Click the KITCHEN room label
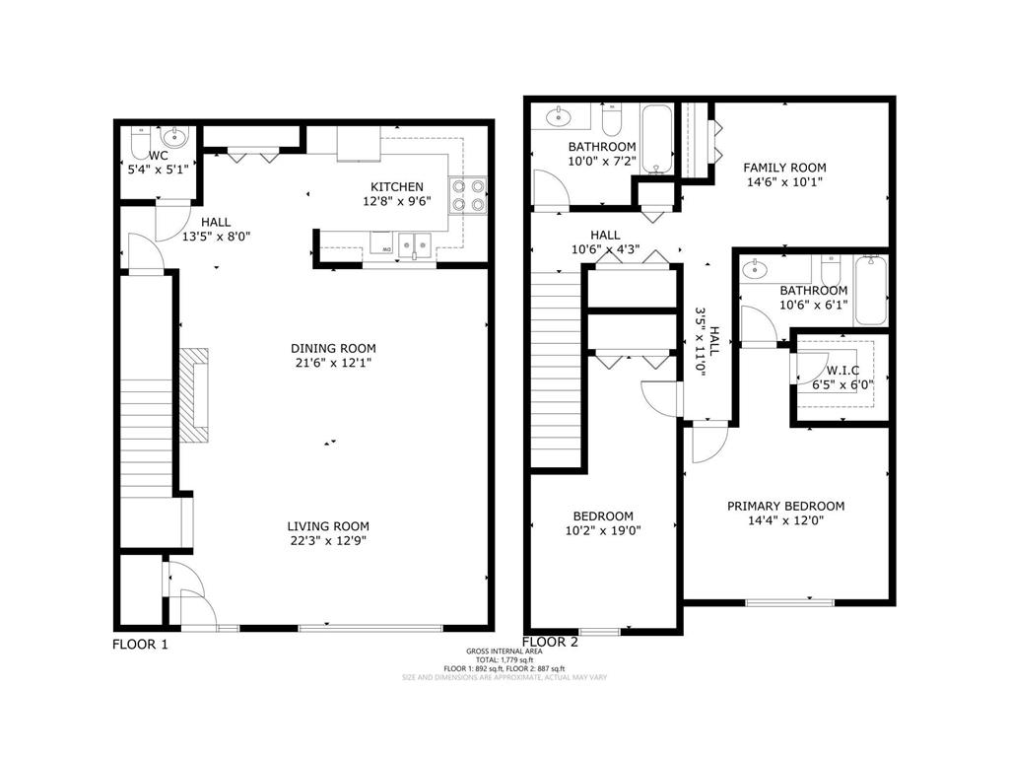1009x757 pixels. coord(396,186)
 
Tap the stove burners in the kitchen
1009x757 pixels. coord(468,194)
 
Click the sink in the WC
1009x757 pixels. coord(173,137)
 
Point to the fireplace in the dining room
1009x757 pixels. coord(194,394)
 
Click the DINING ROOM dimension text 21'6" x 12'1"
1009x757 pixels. coord(332,363)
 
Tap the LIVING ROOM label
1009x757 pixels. coord(328,526)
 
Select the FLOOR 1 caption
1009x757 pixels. coord(140,645)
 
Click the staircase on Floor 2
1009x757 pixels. coord(558,370)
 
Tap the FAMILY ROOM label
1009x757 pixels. coord(784,168)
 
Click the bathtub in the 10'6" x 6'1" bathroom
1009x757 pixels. coord(871,290)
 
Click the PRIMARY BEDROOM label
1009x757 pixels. coord(785,506)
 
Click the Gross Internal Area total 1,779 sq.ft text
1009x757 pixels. coord(504,659)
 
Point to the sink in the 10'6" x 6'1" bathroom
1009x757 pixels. coord(756,269)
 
